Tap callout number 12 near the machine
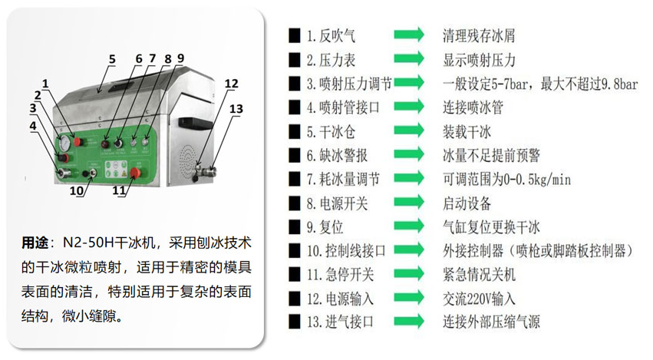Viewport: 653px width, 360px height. click(x=231, y=84)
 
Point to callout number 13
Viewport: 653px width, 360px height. click(x=236, y=109)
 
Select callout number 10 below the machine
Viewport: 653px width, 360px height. click(x=76, y=190)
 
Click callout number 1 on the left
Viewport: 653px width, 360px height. click(x=46, y=83)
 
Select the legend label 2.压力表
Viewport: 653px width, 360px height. click(x=331, y=59)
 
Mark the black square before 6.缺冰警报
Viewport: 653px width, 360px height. click(x=294, y=156)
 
